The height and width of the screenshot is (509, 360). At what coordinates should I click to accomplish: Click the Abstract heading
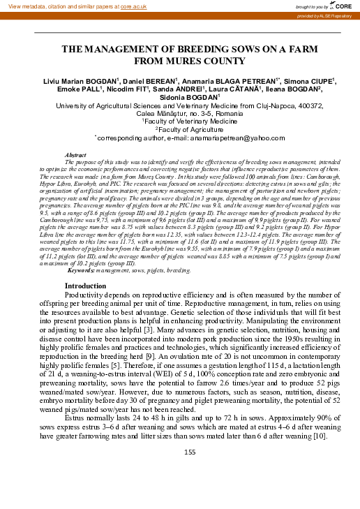[94, 154]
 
